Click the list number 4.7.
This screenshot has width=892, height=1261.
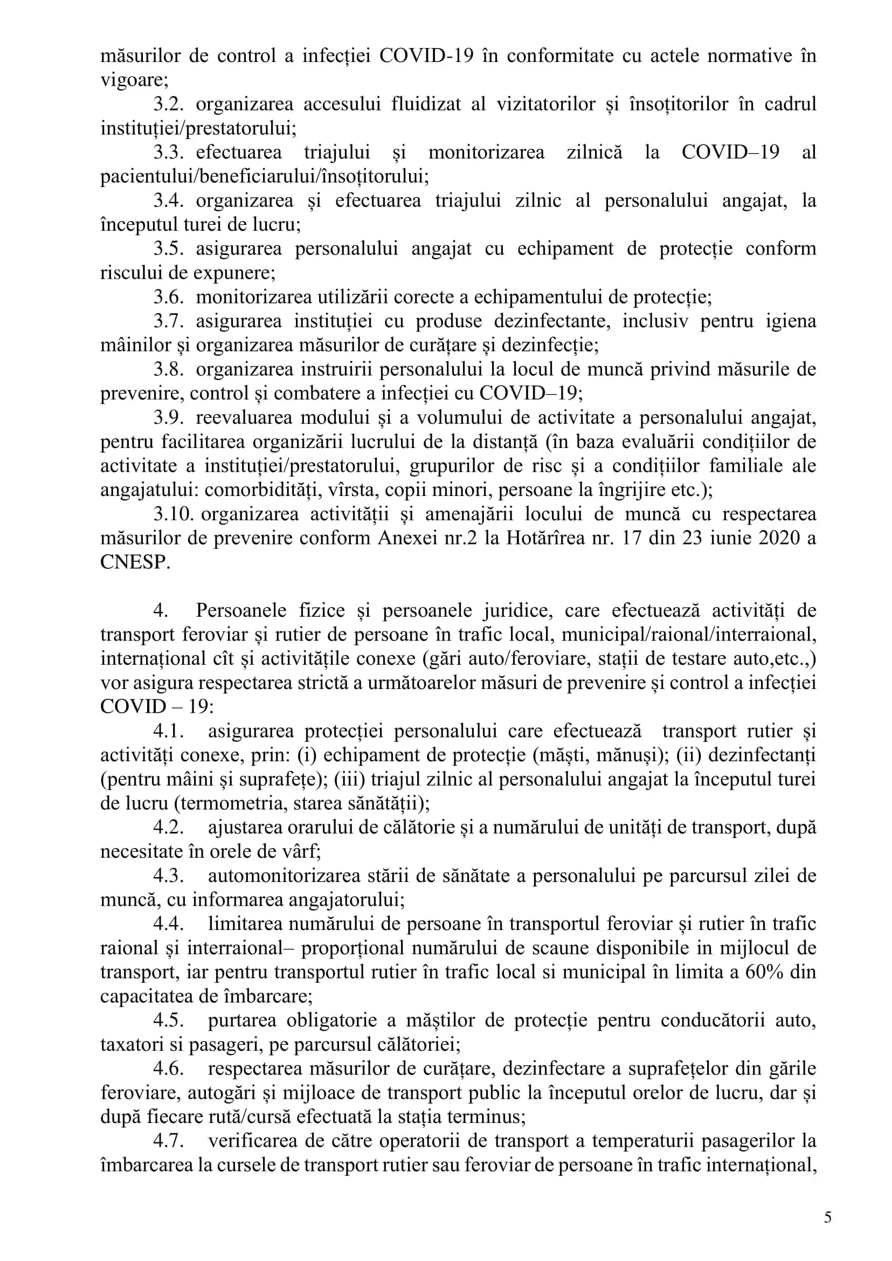[168, 1141]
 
